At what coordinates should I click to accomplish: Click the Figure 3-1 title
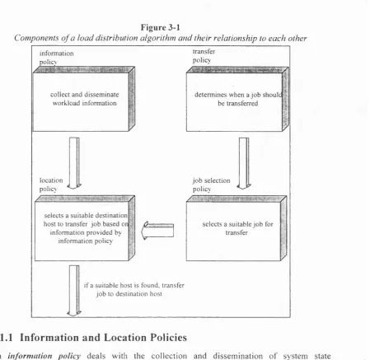coord(161,27)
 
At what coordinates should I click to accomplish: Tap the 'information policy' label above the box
coord(57,58)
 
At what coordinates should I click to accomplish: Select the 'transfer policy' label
coord(204,56)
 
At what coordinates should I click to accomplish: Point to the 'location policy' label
coord(51,185)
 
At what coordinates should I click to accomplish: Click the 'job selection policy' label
coord(212,185)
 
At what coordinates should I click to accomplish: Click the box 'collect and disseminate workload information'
coord(84,99)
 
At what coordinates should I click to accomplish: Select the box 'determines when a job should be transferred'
coord(237,99)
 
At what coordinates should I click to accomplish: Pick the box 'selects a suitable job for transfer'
coord(237,228)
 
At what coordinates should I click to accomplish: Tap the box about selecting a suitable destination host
coord(85,228)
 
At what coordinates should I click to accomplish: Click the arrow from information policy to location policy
coord(74,163)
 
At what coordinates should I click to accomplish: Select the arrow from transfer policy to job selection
coord(244,163)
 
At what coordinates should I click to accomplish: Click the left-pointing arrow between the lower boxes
coord(157,231)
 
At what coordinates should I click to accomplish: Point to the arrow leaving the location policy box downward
coord(74,291)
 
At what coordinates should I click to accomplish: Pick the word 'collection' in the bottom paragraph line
coord(169,356)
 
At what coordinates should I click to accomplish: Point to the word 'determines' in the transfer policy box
coord(211,95)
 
